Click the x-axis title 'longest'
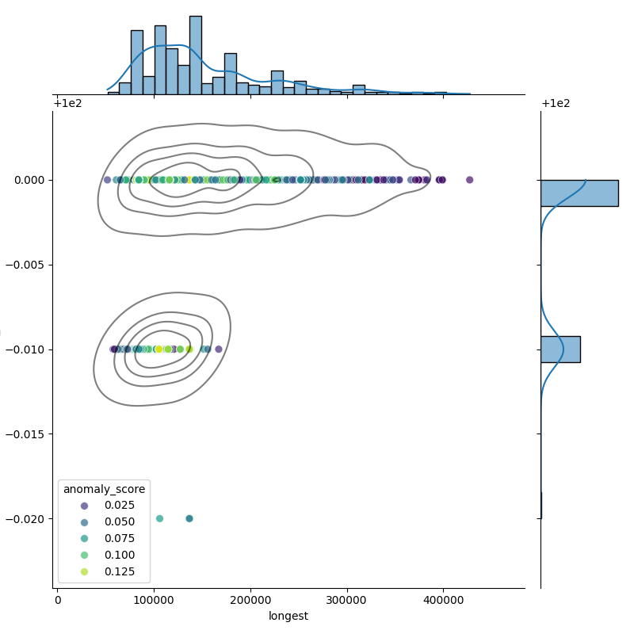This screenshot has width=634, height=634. pyautogui.click(x=288, y=616)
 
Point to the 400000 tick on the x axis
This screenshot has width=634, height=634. pyautogui.click(x=444, y=600)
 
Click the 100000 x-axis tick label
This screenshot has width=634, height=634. pyautogui.click(x=154, y=600)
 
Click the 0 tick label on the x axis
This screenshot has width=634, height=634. pyautogui.click(x=58, y=600)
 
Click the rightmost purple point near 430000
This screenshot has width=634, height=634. pyautogui.click(x=469, y=180)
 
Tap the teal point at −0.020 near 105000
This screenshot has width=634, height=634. pyautogui.click(x=159, y=518)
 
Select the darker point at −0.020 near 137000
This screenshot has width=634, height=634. pyautogui.click(x=189, y=518)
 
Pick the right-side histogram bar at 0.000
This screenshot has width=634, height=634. pyautogui.click(x=579, y=193)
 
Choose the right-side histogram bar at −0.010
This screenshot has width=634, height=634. pyautogui.click(x=560, y=349)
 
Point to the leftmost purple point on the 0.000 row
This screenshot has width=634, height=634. pyautogui.click(x=108, y=180)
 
